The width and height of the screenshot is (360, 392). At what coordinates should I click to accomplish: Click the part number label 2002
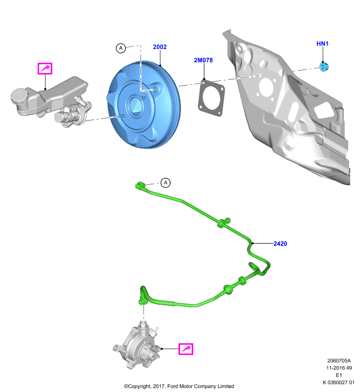pyautogui.click(x=159, y=47)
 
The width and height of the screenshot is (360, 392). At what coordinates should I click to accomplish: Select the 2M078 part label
pyautogui.click(x=203, y=60)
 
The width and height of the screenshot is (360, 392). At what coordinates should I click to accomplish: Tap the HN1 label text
pyautogui.click(x=322, y=44)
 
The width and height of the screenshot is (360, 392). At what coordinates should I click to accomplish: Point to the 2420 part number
pyautogui.click(x=280, y=244)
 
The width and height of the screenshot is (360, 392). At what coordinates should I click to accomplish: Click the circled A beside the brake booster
pyautogui.click(x=121, y=48)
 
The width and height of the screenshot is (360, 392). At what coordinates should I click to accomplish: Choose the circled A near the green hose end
pyautogui.click(x=165, y=183)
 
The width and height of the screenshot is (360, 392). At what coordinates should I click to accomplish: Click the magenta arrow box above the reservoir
pyautogui.click(x=45, y=69)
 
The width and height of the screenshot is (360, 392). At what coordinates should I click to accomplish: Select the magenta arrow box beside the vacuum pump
pyautogui.click(x=185, y=349)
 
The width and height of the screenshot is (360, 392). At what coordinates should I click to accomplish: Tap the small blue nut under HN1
pyautogui.click(x=324, y=67)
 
